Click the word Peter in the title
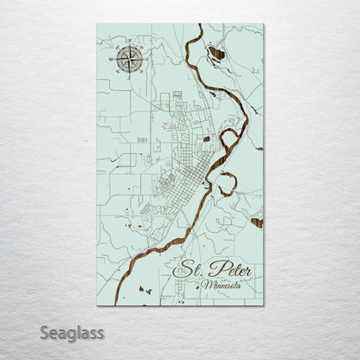pos(230,271)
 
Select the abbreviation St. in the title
pos(189,270)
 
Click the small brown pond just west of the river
pos(206,138)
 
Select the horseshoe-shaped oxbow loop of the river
pos(227,183)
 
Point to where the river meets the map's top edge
pos(201,26)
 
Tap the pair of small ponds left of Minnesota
pos(145,289)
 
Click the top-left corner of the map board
pos(98,24)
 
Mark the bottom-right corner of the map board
pos(263,305)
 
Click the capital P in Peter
pos(214,269)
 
